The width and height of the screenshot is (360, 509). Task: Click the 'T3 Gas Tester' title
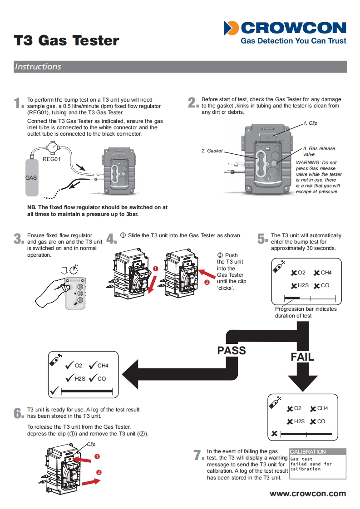point(66,40)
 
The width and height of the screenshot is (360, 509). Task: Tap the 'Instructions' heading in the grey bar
point(38,67)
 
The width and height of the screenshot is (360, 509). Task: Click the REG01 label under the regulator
point(51,159)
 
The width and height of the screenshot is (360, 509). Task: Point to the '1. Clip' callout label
point(311,123)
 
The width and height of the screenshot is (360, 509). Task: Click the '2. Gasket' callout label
point(212,151)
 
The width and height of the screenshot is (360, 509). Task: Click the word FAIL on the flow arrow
point(302,357)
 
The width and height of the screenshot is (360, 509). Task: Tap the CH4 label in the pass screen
point(103,365)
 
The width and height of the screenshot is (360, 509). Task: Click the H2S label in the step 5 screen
point(304,285)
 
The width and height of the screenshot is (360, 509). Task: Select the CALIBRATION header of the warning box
point(308,452)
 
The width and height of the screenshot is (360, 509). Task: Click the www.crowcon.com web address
point(308,494)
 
